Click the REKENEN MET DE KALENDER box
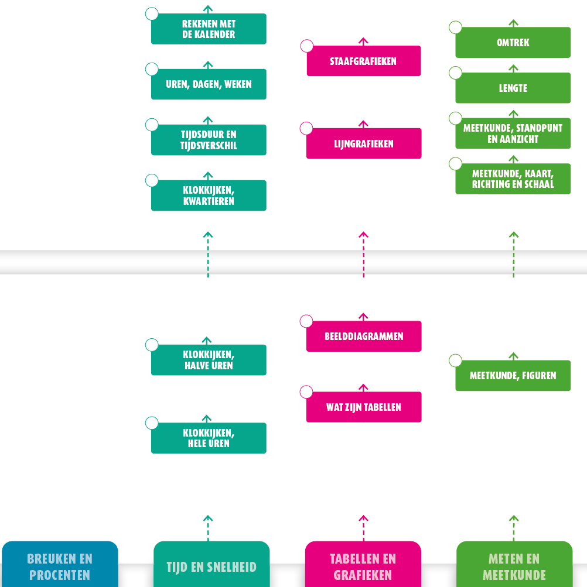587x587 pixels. click(x=209, y=29)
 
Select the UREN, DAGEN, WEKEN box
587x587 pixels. click(x=209, y=84)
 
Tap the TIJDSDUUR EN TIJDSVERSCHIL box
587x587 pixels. click(x=209, y=140)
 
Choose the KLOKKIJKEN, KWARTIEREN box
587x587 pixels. click(x=209, y=195)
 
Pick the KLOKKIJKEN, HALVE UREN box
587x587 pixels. click(x=209, y=360)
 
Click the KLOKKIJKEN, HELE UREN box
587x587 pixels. click(x=209, y=438)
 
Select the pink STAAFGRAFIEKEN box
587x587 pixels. click(x=363, y=61)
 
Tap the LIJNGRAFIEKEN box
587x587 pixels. click(x=363, y=143)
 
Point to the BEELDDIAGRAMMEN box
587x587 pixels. click(x=363, y=337)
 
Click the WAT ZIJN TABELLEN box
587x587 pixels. click(x=363, y=407)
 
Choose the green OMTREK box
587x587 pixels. click(x=513, y=43)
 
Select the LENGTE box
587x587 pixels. click(x=513, y=88)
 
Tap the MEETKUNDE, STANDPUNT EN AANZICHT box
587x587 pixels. click(x=513, y=133)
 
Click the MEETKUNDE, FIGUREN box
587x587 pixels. click(x=513, y=376)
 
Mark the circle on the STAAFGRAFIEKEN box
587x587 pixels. click(x=307, y=46)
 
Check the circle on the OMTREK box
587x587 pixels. click(x=455, y=28)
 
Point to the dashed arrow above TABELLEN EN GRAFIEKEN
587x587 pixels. click(x=363, y=528)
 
